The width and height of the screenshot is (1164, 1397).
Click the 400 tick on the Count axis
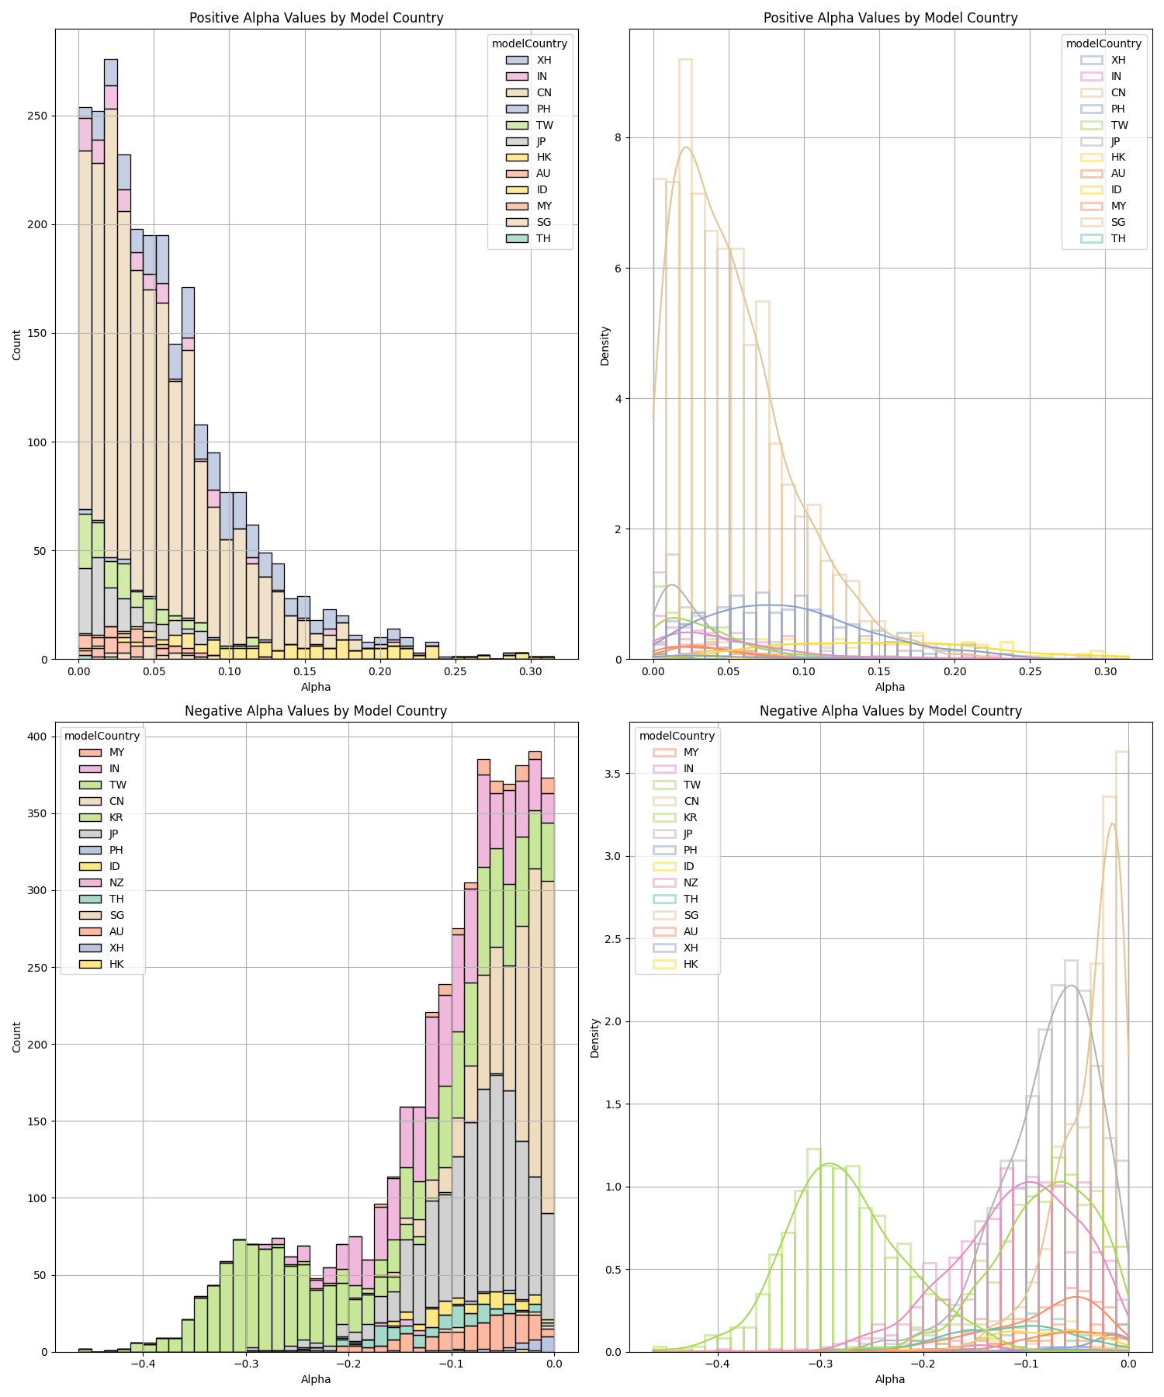[39, 737]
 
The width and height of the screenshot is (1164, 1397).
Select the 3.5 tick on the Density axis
[613, 774]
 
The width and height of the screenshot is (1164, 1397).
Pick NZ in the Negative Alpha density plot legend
[690, 882]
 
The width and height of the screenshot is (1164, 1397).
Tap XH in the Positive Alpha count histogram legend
[543, 60]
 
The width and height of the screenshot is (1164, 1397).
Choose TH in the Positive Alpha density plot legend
[1117, 238]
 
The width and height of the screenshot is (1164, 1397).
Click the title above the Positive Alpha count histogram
[316, 18]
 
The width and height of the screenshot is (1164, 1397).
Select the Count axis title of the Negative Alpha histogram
[17, 1035]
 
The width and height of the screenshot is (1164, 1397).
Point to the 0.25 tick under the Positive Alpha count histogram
[455, 671]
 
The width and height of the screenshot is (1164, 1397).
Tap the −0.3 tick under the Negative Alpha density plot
[819, 1364]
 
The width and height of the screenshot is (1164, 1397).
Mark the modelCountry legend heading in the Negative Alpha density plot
[677, 736]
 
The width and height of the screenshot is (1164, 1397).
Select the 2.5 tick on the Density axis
[613, 939]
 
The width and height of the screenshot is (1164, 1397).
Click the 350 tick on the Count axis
[39, 813]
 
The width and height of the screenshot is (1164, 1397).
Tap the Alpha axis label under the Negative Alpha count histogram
[316, 1379]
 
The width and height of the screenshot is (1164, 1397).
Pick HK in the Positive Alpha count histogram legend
[543, 158]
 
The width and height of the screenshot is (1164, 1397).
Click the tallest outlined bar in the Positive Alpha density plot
[685, 357]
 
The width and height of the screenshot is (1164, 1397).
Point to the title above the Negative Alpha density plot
[890, 711]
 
